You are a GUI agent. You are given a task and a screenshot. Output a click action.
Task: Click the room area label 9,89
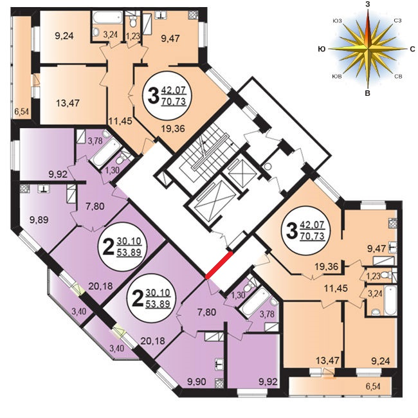coord(39,220)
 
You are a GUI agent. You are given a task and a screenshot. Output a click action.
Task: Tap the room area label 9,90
coord(197,382)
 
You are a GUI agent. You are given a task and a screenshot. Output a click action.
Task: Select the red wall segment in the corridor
coord(219,265)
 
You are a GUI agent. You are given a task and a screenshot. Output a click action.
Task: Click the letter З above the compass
coord(368,5)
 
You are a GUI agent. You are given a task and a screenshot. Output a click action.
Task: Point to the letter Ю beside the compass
coord(322,49)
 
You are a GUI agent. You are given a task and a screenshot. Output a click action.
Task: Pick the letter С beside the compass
coord(412,49)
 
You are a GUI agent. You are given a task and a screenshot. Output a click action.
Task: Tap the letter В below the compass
coord(368,93)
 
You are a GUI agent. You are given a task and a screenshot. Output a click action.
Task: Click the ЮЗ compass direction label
coord(337,21)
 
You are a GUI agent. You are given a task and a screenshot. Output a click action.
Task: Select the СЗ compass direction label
coord(397,21)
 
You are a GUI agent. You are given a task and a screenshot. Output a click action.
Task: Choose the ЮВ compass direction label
coord(337,77)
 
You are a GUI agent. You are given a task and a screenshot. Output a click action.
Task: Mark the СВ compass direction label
coord(398,77)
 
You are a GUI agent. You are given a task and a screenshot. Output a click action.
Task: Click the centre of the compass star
coord(368,49)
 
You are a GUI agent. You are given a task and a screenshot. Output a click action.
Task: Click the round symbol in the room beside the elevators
coord(268,167)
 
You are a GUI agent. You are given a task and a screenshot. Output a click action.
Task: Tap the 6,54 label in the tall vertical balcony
coord(22,111)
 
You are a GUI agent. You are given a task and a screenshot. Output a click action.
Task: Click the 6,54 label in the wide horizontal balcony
coord(373,386)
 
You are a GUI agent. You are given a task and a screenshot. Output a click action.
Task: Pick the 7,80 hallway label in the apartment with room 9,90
coord(206,312)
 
